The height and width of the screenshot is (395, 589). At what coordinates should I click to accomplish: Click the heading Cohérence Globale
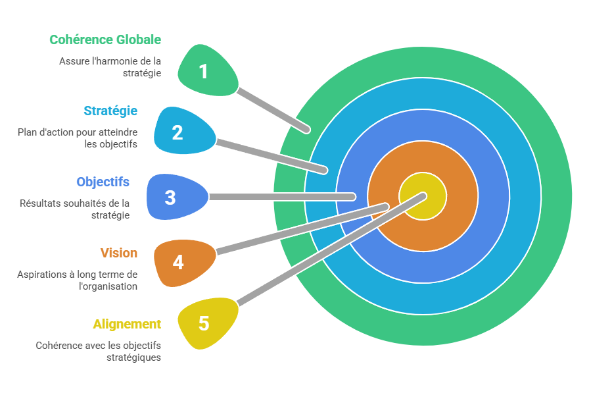click(x=105, y=39)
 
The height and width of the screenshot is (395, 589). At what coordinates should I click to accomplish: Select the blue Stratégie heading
click(x=110, y=111)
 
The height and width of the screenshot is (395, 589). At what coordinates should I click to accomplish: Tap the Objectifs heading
click(x=103, y=182)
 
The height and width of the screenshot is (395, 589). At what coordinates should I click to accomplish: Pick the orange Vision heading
click(x=119, y=253)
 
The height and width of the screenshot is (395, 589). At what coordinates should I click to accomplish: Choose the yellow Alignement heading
click(x=127, y=324)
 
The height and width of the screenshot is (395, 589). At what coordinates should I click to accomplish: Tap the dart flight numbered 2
click(x=181, y=132)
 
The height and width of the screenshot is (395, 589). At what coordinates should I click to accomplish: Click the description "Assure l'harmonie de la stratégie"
click(x=110, y=67)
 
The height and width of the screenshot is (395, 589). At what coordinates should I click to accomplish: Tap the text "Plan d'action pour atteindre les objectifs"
click(x=78, y=138)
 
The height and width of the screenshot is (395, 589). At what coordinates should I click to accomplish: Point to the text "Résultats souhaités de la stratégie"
click(x=74, y=209)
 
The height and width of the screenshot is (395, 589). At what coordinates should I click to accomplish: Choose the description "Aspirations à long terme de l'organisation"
click(x=78, y=280)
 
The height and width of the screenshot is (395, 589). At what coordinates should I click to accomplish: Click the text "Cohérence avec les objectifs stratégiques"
click(x=99, y=351)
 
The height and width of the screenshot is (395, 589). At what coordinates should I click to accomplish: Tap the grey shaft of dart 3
click(x=283, y=197)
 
